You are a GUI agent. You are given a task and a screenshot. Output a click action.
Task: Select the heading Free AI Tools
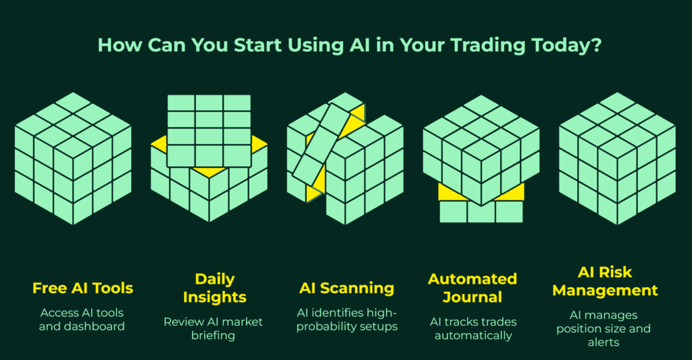[x=82, y=288]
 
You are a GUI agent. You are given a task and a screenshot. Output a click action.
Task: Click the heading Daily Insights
[x=214, y=288]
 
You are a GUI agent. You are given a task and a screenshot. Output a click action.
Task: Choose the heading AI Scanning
[x=347, y=288]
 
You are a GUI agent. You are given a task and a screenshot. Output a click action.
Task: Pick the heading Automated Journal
[x=472, y=288]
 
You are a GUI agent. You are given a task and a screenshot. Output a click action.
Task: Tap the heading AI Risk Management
[x=605, y=281]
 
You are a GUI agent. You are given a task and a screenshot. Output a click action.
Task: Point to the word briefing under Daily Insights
[x=213, y=336]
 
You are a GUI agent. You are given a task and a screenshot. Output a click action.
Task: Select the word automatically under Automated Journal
[x=473, y=336]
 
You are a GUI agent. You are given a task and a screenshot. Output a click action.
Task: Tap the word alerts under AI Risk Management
[x=603, y=342]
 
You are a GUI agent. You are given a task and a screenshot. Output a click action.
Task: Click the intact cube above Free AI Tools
[x=73, y=158]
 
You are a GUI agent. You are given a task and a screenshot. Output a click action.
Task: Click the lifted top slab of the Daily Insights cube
[x=209, y=130]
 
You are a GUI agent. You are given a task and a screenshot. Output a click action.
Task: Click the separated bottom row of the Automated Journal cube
[x=481, y=211]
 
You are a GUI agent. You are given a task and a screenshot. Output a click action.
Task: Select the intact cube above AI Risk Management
[x=617, y=158]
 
